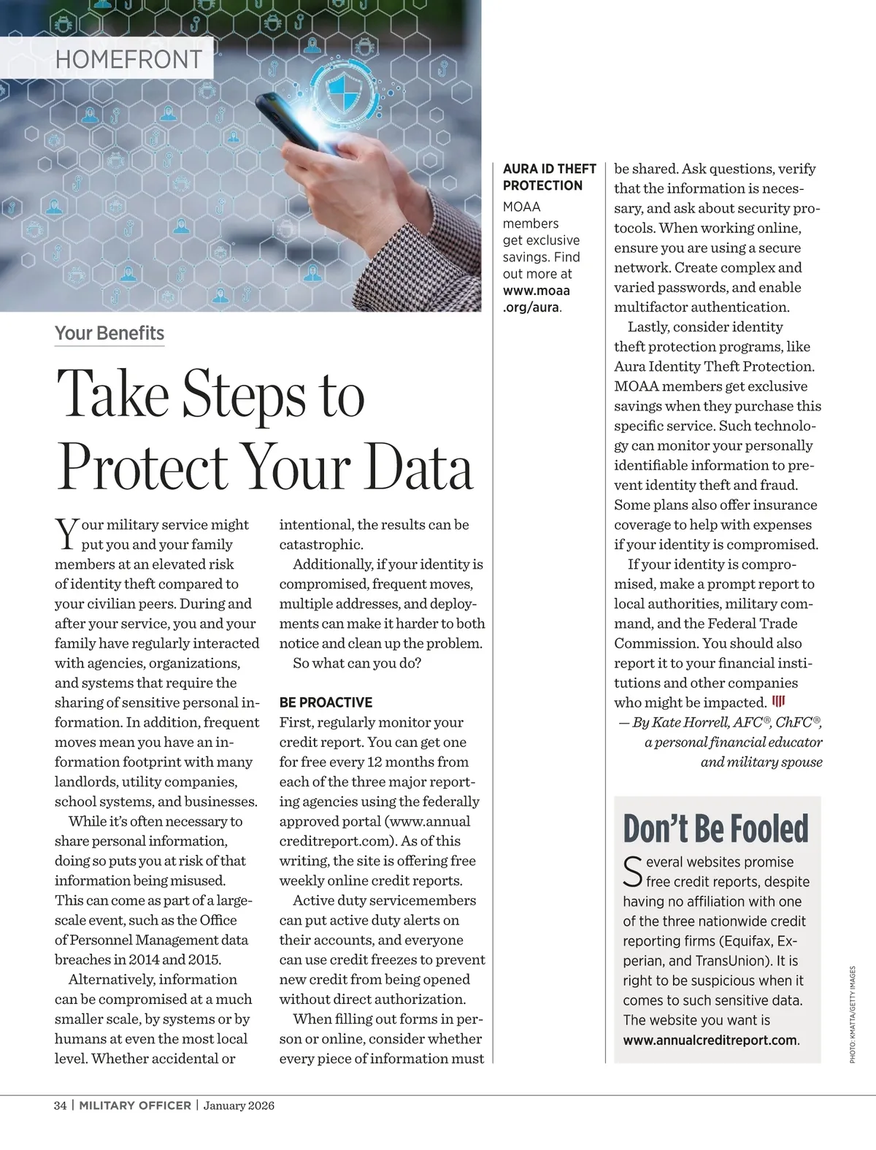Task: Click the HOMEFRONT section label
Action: click(x=128, y=58)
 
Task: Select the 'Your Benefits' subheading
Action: click(x=109, y=333)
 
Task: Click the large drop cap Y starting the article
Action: click(x=66, y=534)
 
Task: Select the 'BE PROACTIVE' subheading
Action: click(x=326, y=702)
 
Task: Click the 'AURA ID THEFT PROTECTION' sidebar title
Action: click(x=549, y=177)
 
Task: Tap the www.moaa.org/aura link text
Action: click(x=537, y=299)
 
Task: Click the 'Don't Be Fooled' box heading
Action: click(x=715, y=828)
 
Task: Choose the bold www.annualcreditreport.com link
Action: click(x=710, y=1040)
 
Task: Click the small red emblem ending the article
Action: click(x=779, y=702)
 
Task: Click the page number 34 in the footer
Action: click(x=61, y=1105)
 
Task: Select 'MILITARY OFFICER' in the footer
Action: click(x=135, y=1105)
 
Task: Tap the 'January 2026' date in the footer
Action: click(x=239, y=1105)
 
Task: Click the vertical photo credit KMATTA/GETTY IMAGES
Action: click(x=852, y=1014)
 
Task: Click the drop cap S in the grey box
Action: click(x=632, y=870)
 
